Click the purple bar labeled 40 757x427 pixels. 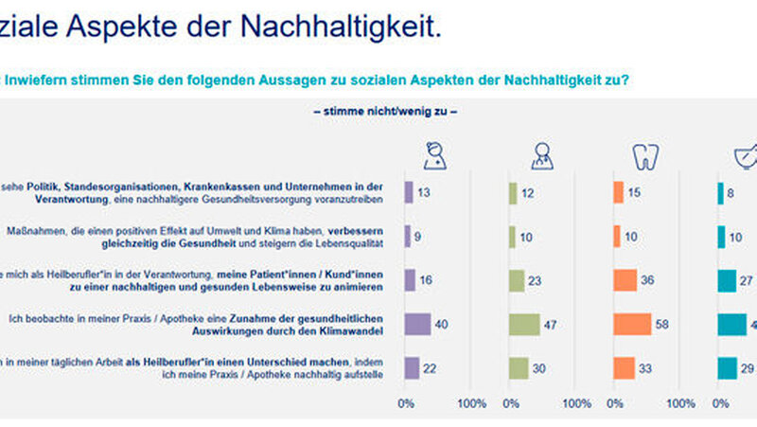417,325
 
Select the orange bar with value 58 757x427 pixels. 632,325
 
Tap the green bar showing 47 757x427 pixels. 523,325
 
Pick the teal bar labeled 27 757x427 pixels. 727,280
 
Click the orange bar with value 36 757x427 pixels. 625,280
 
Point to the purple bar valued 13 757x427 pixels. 409,192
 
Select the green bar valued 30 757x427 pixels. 518,368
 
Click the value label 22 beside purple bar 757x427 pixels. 429,368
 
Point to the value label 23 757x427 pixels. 537,280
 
